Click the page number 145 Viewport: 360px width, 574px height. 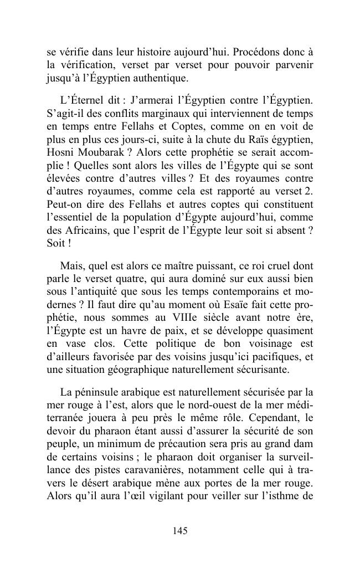pos(180,531)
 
